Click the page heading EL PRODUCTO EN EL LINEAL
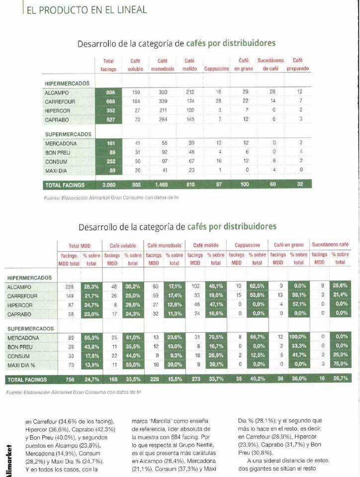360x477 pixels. (x=87, y=10)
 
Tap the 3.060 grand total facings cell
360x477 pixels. (x=108, y=185)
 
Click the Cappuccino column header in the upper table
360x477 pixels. (x=216, y=69)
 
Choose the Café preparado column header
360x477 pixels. (x=298, y=65)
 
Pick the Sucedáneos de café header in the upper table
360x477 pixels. (x=270, y=65)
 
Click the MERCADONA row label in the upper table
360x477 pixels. (x=61, y=144)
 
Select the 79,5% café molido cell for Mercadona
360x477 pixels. (x=216, y=337)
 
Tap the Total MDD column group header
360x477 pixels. (x=80, y=246)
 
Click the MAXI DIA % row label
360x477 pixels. (x=21, y=365)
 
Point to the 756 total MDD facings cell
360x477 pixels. (x=70, y=380)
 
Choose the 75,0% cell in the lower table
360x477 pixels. (x=341, y=364)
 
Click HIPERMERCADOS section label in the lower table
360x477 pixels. (x=29, y=278)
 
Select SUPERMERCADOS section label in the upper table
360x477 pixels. (x=68, y=134)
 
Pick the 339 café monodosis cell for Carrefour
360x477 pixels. (x=163, y=101)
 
